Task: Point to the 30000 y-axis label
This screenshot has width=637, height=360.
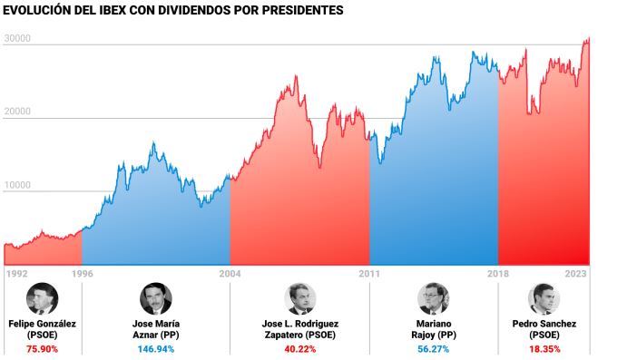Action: coord(18,39)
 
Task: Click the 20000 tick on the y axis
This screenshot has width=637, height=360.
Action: coord(18,112)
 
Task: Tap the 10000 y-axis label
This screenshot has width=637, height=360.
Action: coord(18,185)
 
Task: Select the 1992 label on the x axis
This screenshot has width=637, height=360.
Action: coord(17,273)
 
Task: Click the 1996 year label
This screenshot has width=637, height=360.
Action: coord(83,273)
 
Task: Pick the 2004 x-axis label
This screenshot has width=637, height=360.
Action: coord(230,273)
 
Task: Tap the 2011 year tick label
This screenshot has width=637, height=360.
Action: coord(369,273)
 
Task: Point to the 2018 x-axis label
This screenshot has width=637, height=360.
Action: coord(498,273)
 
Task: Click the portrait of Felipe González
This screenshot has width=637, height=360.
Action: coord(43,298)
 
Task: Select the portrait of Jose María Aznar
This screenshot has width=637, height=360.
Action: coord(155,298)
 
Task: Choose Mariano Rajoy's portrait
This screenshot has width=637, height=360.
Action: coord(434,298)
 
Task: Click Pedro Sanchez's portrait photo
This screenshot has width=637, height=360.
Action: coord(544,298)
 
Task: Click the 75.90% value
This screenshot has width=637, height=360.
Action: coord(43,348)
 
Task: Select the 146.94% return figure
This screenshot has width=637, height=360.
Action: coord(155,348)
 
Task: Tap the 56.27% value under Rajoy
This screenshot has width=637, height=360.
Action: coord(434,348)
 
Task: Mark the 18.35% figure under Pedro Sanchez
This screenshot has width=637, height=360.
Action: coord(544,348)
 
